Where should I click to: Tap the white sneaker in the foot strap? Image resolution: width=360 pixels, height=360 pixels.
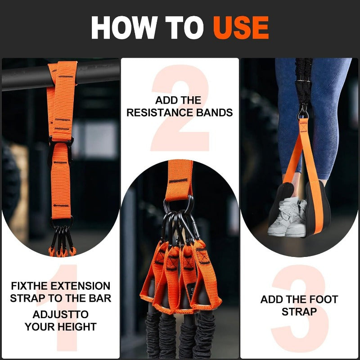click(x=288, y=216)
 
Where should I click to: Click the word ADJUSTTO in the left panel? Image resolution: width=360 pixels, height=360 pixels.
click(x=61, y=314)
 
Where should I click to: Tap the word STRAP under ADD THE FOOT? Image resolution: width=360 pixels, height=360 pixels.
click(x=299, y=311)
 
